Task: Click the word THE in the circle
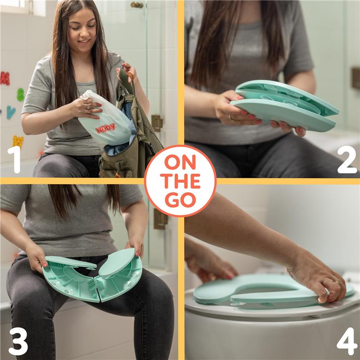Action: (x=180, y=181)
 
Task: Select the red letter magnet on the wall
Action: (x=4, y=78)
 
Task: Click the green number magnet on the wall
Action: (x=20, y=94)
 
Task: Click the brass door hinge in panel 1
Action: (x=157, y=122)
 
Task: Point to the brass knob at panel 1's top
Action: (x=137, y=4)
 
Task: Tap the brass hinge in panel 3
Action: (x=160, y=219)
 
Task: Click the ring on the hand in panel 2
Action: (x=231, y=117)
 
